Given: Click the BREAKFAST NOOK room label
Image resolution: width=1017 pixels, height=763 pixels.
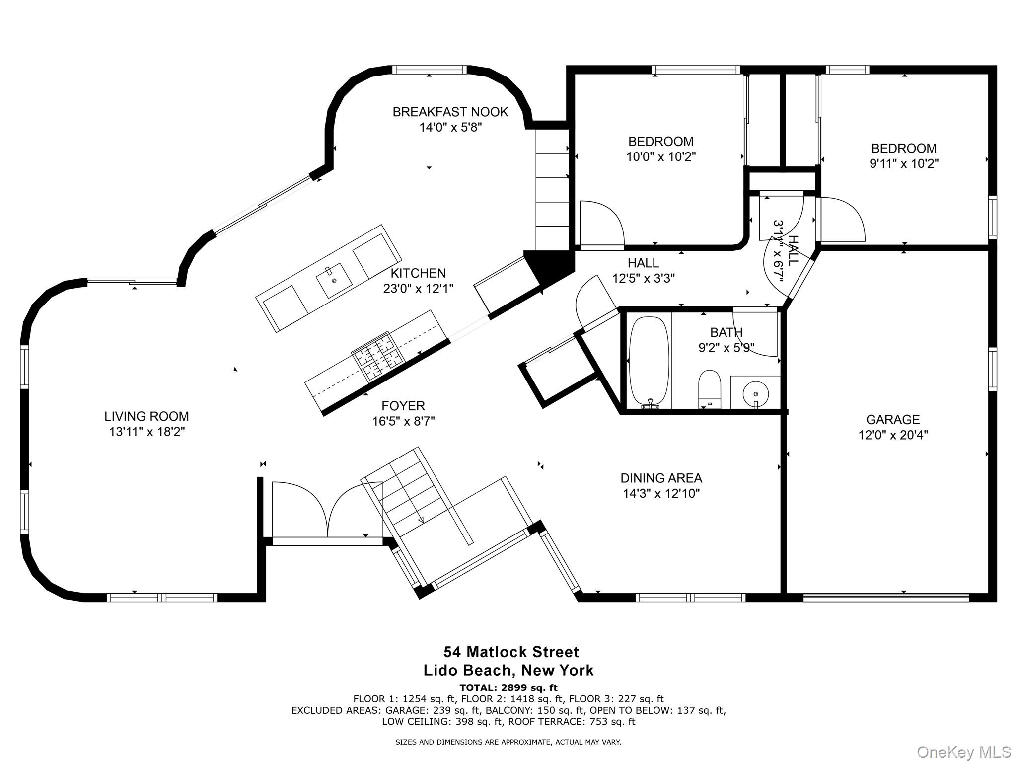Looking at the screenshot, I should [450, 112].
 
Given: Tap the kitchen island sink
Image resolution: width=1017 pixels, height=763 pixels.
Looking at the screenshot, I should [334, 281].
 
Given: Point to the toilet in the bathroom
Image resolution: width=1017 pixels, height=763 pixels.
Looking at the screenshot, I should [709, 389].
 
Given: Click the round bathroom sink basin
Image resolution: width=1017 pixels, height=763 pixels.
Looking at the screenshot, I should [755, 394].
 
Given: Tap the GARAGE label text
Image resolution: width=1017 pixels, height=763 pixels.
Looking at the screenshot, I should [893, 420].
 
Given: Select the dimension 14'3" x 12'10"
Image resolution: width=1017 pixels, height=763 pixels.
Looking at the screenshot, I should [661, 494].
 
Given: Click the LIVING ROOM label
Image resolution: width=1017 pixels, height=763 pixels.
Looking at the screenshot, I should [146, 416].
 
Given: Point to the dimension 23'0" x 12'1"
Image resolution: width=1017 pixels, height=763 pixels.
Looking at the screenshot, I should [418, 289].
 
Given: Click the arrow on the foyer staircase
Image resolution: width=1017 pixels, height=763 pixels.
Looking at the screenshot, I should [421, 520].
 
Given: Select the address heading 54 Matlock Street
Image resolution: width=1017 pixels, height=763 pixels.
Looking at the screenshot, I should [511, 652].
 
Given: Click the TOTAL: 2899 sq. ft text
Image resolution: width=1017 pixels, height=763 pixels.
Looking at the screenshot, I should [508, 687].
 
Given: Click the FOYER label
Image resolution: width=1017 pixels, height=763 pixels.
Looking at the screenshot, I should [403, 406].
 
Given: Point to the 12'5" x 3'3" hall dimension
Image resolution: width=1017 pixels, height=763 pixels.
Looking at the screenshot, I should [643, 279].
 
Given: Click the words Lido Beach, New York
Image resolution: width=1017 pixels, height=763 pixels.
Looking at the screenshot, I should [508, 670].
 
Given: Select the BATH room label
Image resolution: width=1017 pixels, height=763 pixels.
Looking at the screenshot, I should [726, 332].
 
